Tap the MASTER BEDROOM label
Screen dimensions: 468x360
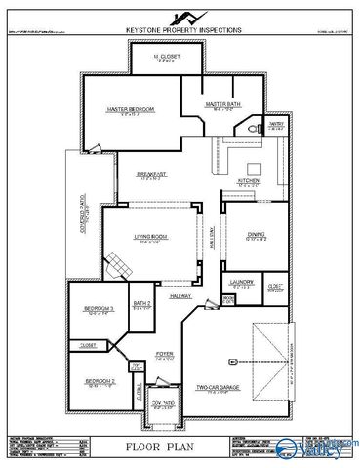[131, 109]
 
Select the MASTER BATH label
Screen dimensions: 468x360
[222, 102]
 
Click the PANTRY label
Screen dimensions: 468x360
[275, 123]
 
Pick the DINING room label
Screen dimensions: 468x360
[256, 233]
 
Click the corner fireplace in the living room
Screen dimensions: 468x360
[118, 262]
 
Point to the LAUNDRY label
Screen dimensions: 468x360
[240, 282]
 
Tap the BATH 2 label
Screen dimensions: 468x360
[142, 304]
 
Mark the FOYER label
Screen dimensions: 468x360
[164, 354]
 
